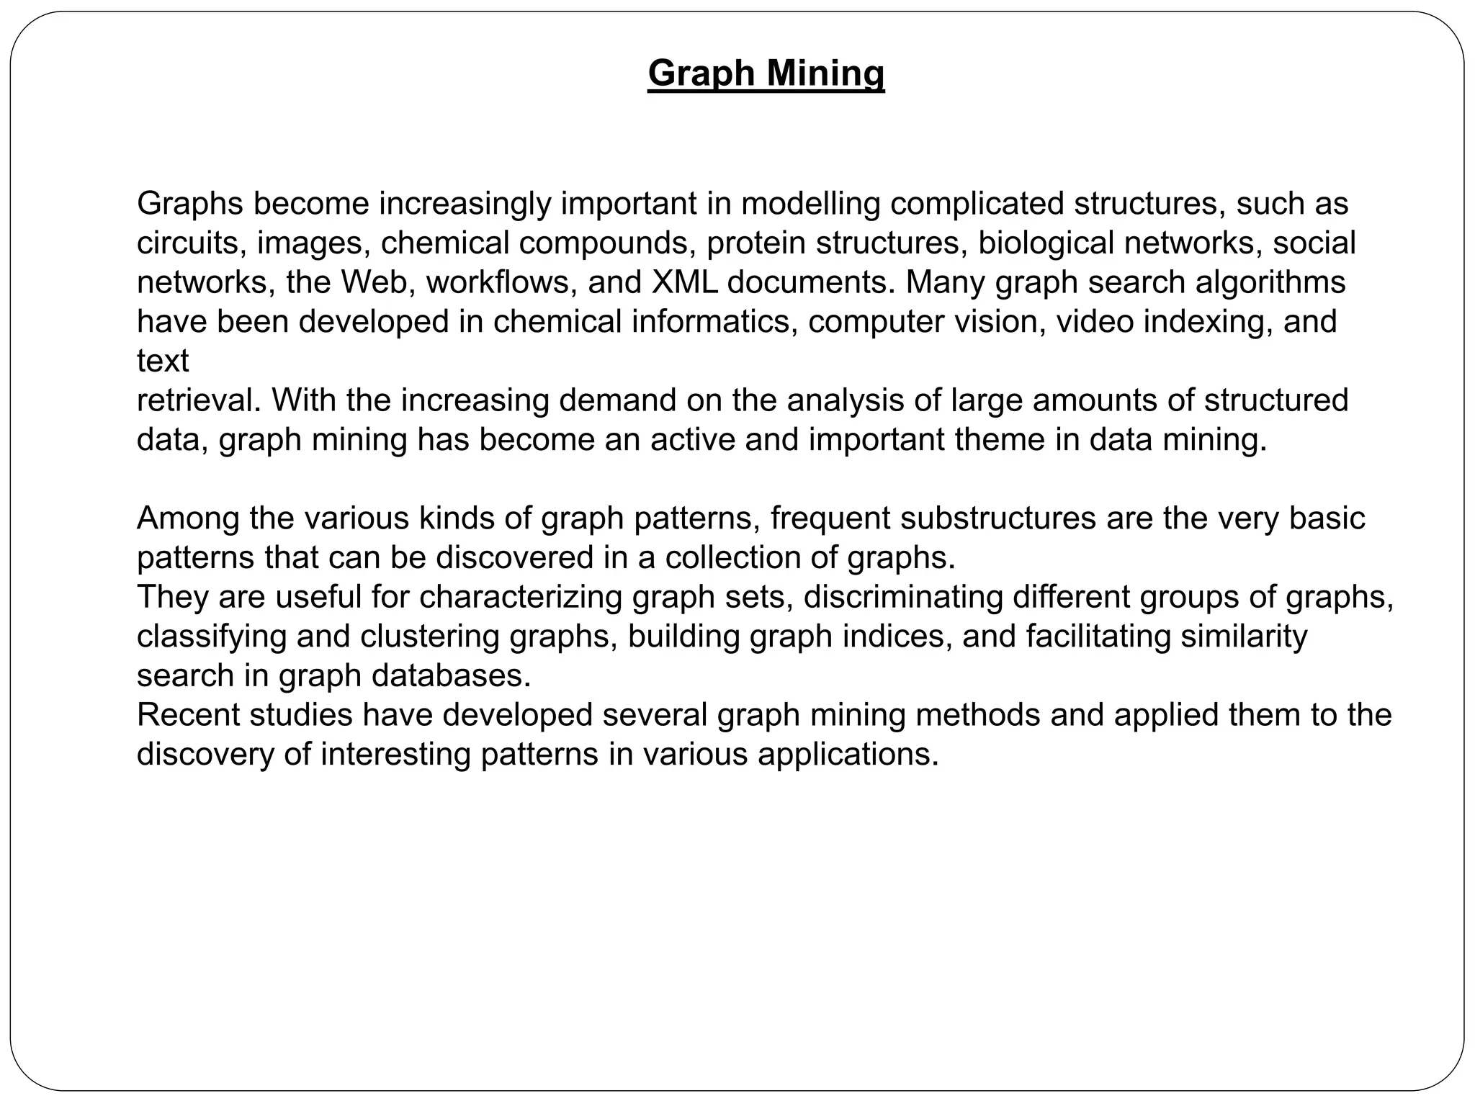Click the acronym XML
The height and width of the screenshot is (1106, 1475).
click(684, 282)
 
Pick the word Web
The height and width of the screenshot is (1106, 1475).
click(377, 282)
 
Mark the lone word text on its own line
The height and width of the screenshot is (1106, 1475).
click(163, 361)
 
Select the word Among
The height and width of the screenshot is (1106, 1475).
click(188, 518)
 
